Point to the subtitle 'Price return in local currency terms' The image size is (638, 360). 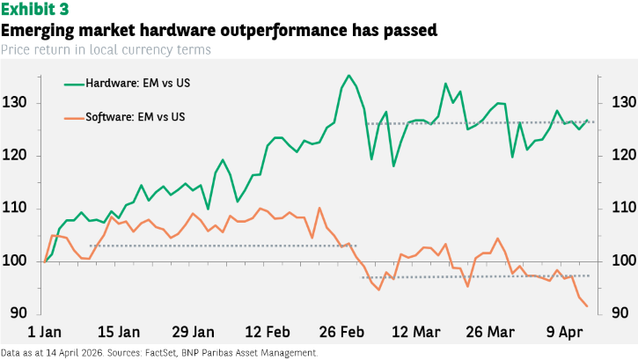point(106,49)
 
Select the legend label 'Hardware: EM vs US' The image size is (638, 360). point(138,84)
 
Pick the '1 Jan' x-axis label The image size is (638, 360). point(44,332)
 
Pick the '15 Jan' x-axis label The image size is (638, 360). point(118,332)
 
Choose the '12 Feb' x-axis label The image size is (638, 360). point(268,332)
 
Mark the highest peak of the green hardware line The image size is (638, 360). point(348,76)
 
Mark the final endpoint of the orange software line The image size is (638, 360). point(587,306)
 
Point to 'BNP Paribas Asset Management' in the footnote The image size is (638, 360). point(268,353)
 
